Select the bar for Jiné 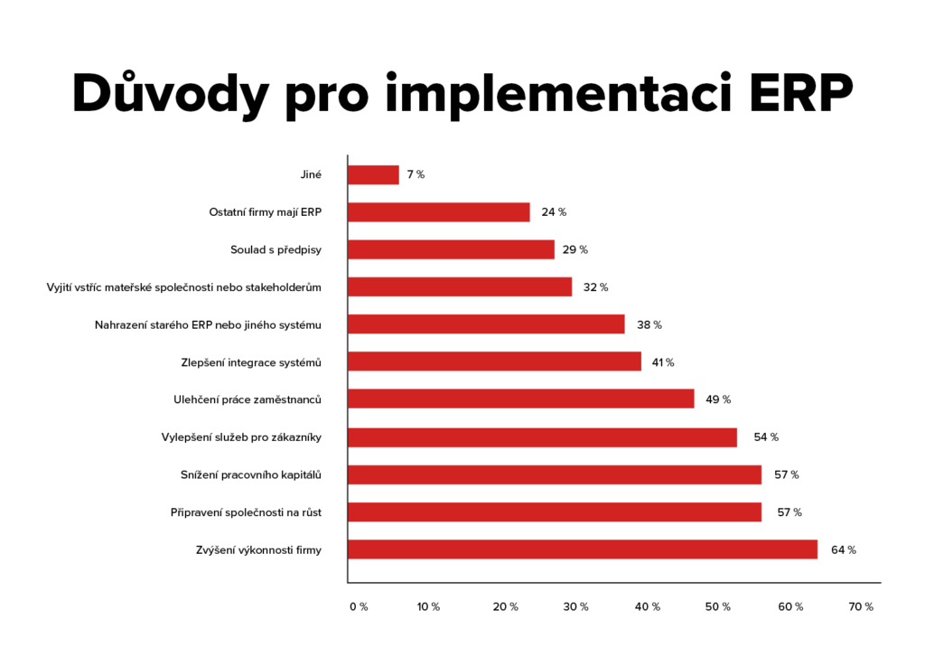pos(373,174)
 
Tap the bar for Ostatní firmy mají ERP pos(439,212)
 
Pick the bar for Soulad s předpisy pos(451,249)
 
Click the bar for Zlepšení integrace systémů pos(494,361)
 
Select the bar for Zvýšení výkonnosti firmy pos(583,549)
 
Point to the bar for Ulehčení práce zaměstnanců pos(521,399)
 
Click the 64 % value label pos(844,549)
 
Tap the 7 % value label pos(416,174)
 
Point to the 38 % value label pos(649,324)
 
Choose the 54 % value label pos(766,437)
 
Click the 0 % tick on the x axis pos(359,607)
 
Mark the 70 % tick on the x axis pos(862,607)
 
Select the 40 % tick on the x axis pos(647,607)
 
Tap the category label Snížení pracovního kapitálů pos(251,474)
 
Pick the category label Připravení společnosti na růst pos(246,512)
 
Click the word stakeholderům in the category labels pos(283,287)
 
